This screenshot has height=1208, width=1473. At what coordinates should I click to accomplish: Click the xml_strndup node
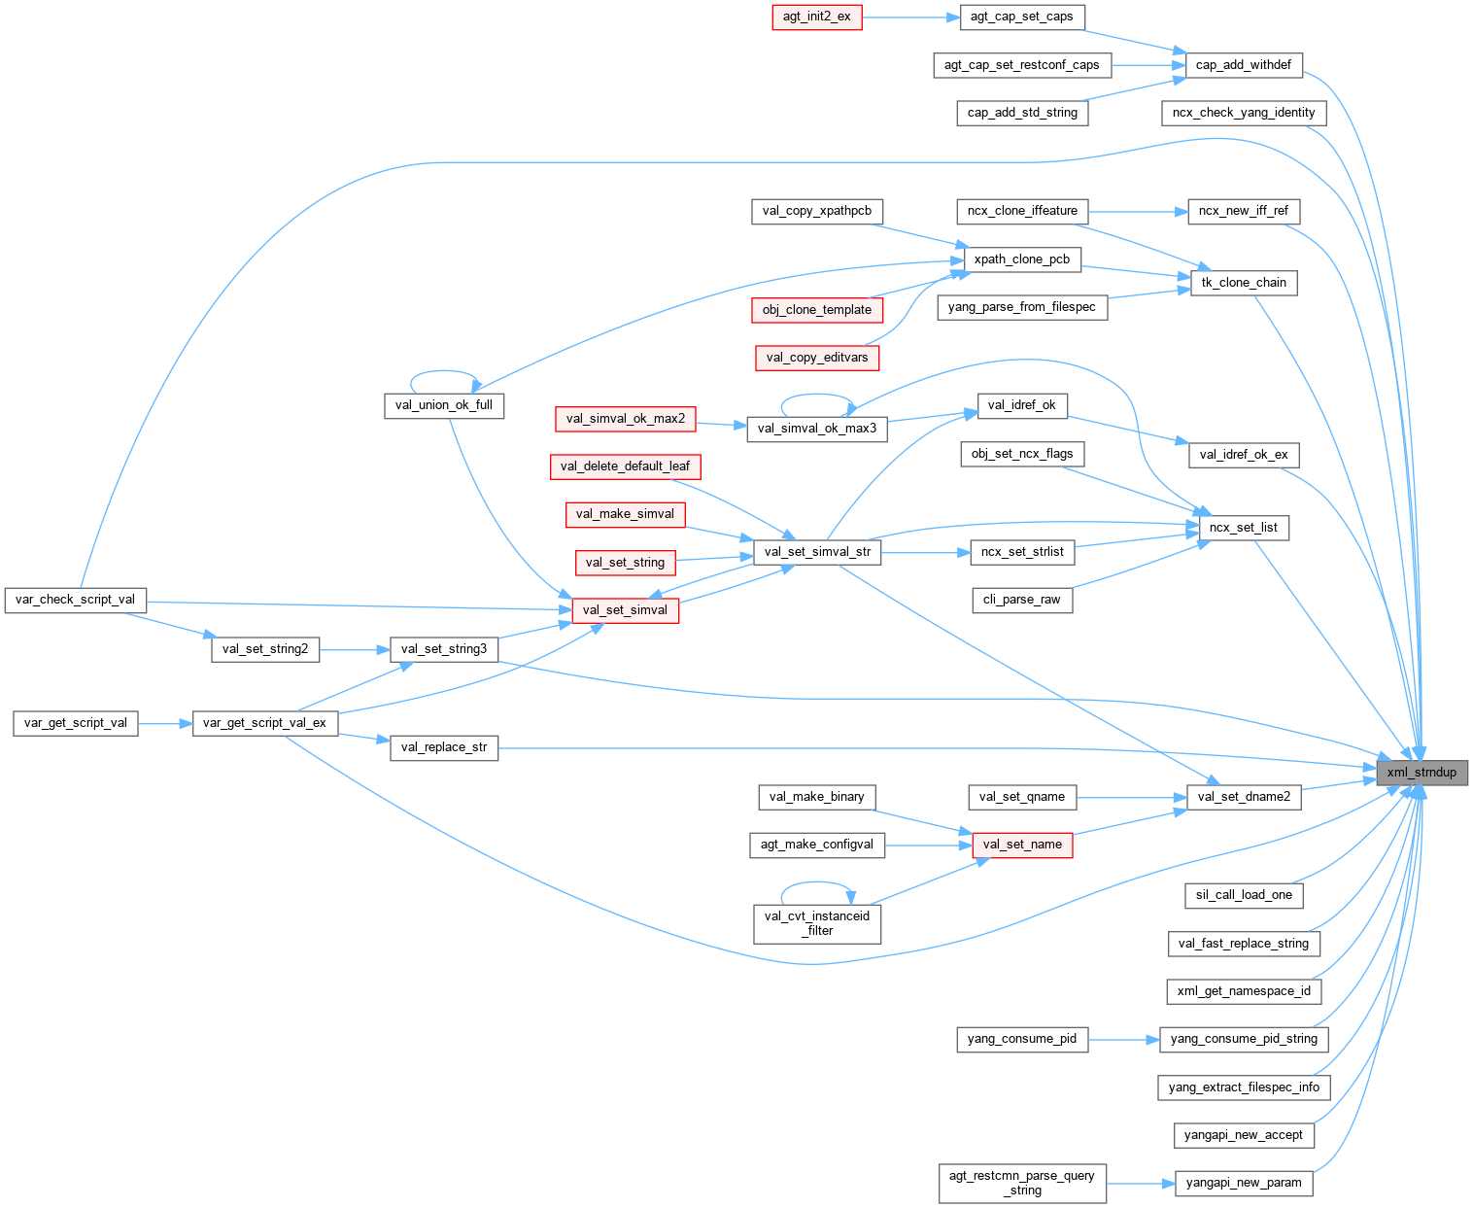click(1422, 773)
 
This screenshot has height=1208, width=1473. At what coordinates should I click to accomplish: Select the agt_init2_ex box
click(816, 17)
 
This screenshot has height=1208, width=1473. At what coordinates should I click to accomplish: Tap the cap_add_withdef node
click(1243, 65)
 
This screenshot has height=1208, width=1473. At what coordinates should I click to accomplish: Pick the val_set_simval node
click(625, 610)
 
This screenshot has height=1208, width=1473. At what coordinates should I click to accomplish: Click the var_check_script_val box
click(75, 600)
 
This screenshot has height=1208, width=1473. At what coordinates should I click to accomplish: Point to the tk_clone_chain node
click(1243, 283)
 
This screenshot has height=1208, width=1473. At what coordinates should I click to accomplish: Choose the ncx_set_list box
click(1244, 528)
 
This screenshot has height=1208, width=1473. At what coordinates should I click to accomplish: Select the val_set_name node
click(1022, 845)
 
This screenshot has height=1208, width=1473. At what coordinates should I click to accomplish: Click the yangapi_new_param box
click(1243, 1183)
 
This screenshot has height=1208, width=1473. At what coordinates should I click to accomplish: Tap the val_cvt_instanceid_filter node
click(817, 923)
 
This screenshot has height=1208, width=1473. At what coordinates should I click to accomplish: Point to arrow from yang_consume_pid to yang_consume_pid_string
click(1123, 1039)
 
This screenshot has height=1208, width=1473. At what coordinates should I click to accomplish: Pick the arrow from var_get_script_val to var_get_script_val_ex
click(165, 723)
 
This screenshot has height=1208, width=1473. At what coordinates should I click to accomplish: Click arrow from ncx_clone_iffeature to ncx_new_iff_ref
click(1137, 211)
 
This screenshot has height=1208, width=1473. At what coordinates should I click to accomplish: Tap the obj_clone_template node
click(817, 310)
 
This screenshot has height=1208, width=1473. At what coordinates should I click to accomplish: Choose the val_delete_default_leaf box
click(625, 466)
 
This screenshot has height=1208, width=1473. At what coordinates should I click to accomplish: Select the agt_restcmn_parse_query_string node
click(1022, 1183)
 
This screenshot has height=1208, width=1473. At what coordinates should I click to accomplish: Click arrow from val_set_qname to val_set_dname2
click(1131, 797)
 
